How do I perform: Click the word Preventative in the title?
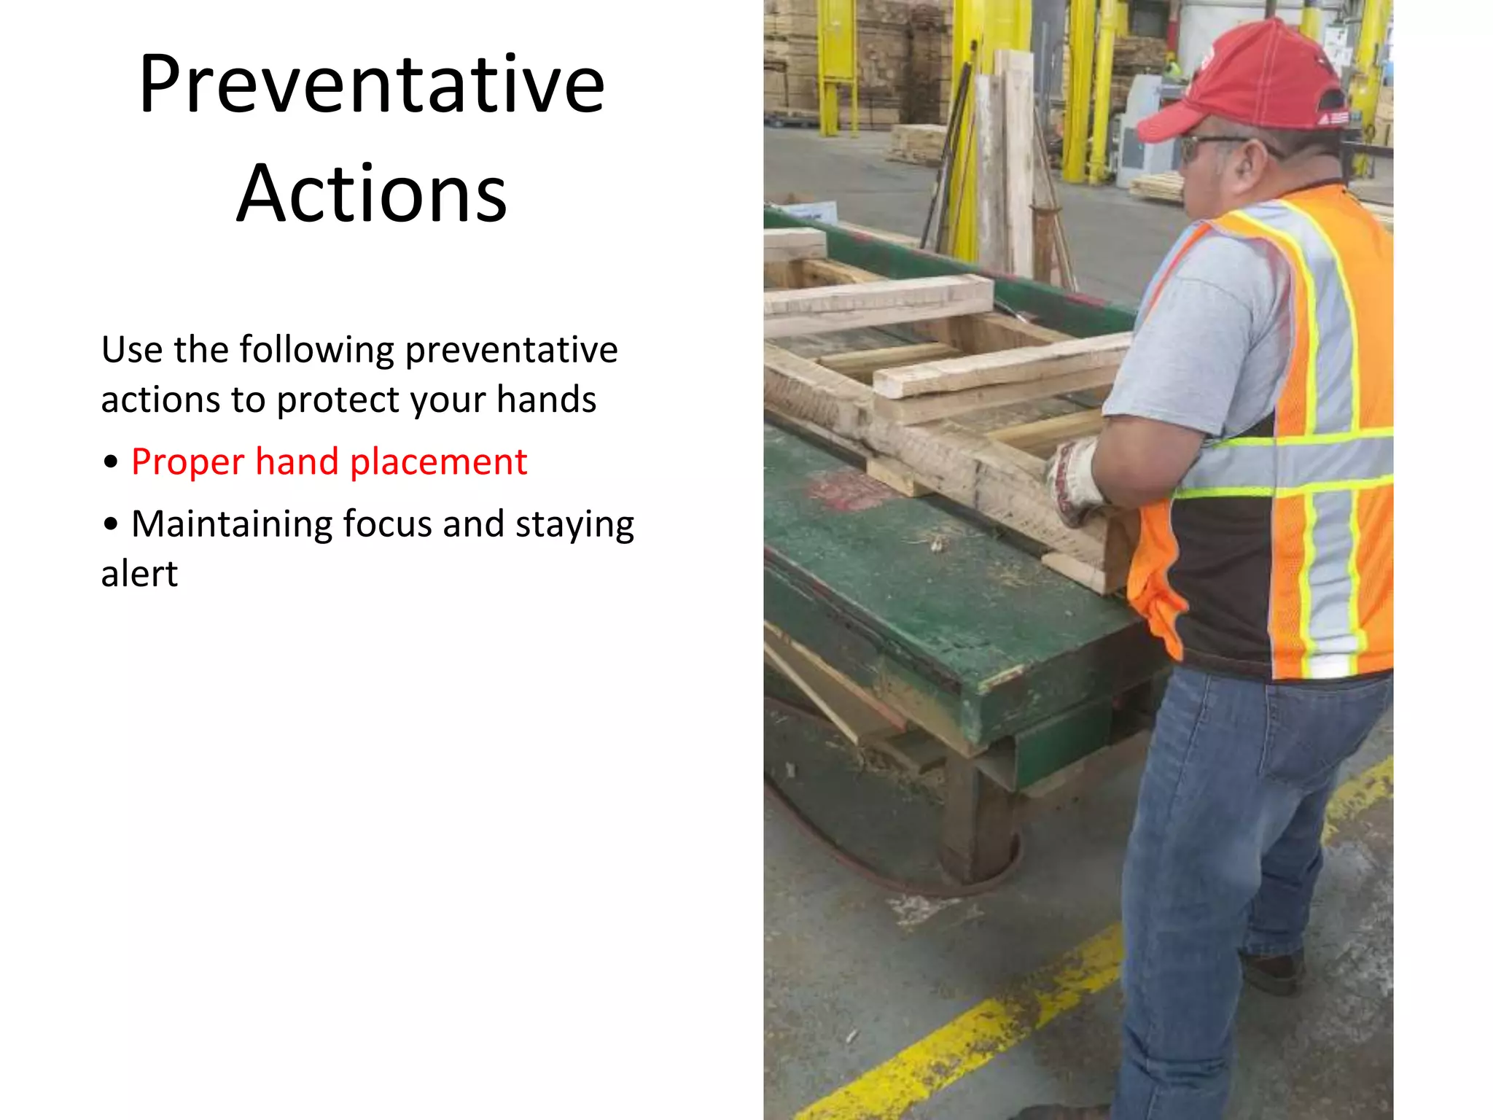pos(372,85)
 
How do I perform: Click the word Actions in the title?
pos(372,194)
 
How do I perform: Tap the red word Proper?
pos(187,462)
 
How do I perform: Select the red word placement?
pos(438,462)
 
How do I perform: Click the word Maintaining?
pos(231,524)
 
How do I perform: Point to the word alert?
pos(139,574)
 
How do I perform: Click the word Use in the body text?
pos(132,350)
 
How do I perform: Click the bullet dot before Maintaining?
pos(111,524)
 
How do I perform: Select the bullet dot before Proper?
pos(111,462)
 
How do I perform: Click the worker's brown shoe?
pos(1272,973)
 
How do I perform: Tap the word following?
pos(316,350)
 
